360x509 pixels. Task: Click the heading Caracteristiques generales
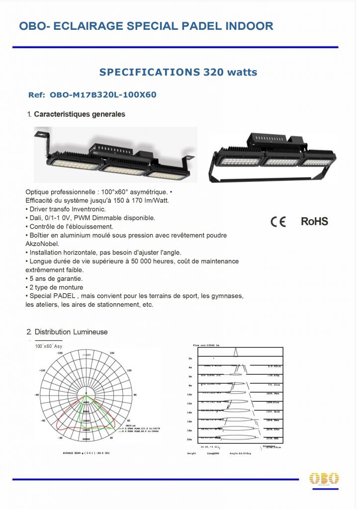click(x=80, y=114)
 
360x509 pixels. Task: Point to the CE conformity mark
click(x=278, y=222)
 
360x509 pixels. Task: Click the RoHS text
click(x=314, y=222)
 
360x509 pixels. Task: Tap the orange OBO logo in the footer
click(x=324, y=479)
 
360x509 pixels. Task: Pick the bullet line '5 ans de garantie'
click(x=55, y=278)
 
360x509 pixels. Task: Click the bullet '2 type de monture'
click(x=56, y=287)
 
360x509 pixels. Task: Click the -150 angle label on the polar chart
click(x=60, y=353)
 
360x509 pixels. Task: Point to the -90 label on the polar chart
click(x=36, y=395)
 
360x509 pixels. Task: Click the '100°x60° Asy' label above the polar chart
click(x=48, y=346)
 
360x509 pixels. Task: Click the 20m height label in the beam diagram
click(x=190, y=440)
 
